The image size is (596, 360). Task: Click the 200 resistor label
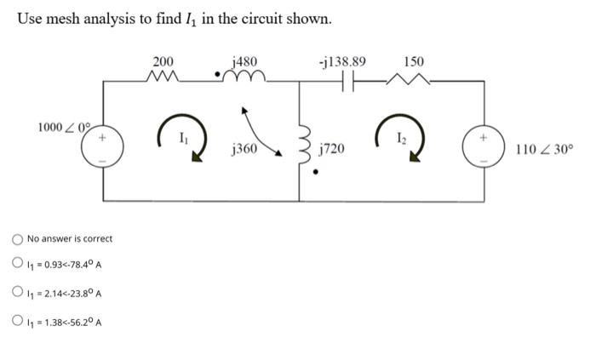[x=162, y=61]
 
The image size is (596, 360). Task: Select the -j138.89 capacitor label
[x=341, y=61]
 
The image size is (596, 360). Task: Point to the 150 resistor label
[x=414, y=61]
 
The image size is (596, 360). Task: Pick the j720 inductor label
[x=331, y=150]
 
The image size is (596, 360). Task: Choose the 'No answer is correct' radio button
[x=17, y=238]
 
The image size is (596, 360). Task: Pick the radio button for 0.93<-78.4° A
[x=17, y=265]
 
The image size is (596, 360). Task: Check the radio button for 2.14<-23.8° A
[x=17, y=294]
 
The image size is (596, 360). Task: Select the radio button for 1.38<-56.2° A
[x=17, y=322]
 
